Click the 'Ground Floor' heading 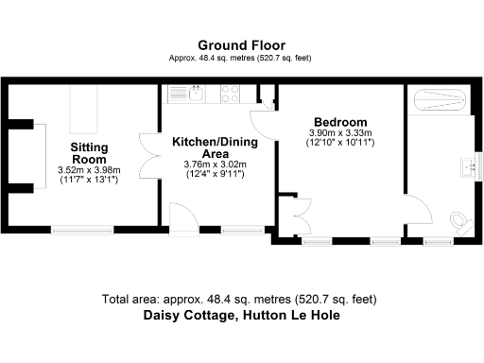coord(241,44)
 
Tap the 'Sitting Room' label coord(90,153)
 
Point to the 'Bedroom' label coord(339,122)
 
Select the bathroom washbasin coord(467,167)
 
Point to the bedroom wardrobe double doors coord(301,211)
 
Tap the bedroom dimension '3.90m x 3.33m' coord(340,133)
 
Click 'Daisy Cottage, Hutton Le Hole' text coord(241,316)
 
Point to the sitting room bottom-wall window coord(82,229)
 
